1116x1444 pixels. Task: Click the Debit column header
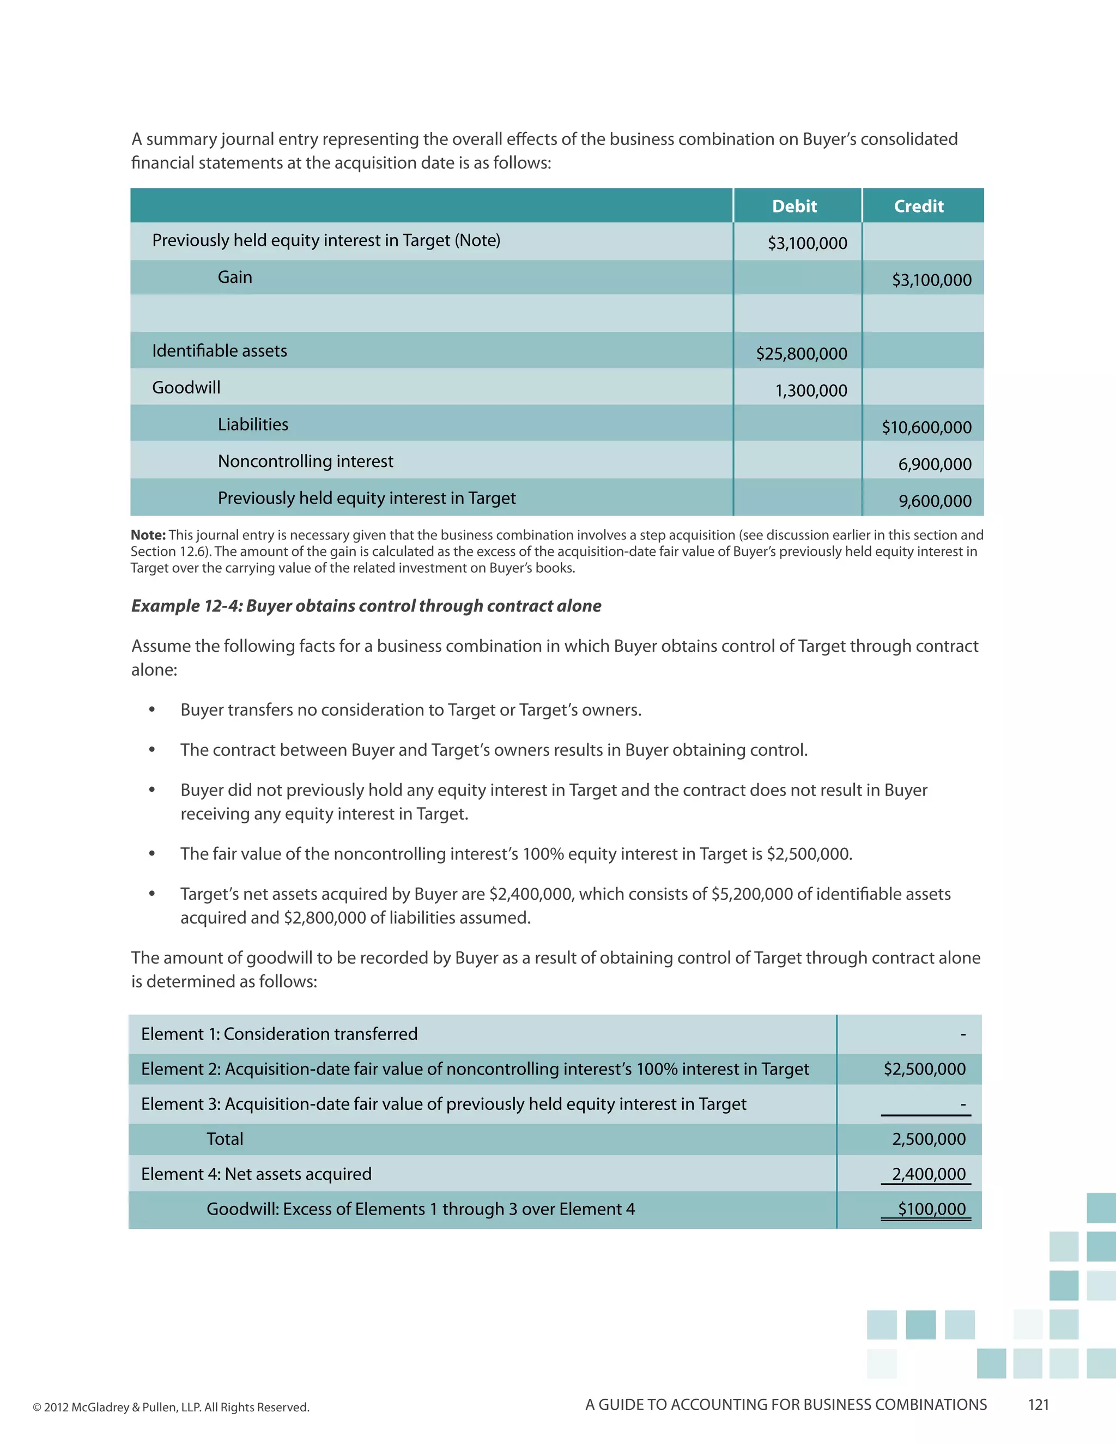pos(794,207)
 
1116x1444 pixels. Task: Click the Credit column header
pos(918,207)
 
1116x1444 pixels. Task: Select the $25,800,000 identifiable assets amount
pos(801,354)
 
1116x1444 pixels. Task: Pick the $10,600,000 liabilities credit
pos(926,428)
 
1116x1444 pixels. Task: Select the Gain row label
pos(235,277)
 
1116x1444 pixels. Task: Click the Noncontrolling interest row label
pos(306,461)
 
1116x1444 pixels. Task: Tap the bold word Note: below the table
pos(148,535)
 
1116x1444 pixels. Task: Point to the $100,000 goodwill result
pos(931,1209)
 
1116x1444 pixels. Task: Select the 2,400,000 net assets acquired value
pos(928,1174)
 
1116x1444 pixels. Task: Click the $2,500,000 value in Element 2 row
pos(924,1069)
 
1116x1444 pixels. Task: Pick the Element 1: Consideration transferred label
pos(279,1034)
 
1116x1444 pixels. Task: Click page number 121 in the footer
pos(1038,1404)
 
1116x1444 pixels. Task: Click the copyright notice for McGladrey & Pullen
pos(171,1407)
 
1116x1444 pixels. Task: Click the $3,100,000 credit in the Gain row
pos(931,280)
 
